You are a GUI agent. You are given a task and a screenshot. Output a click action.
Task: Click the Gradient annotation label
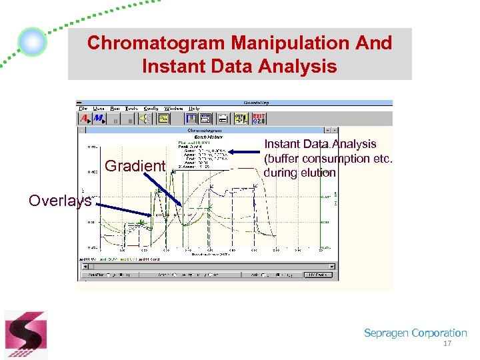tap(135, 165)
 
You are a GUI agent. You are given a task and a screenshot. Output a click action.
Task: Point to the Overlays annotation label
tap(60, 201)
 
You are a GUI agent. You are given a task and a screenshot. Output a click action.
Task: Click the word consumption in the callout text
tap(341, 159)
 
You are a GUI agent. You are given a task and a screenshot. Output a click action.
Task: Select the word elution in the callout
tap(319, 173)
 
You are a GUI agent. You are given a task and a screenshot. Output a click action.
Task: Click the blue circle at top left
tap(32, 42)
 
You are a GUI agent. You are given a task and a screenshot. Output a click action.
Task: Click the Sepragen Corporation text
tap(415, 333)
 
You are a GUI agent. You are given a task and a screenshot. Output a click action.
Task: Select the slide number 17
tap(447, 344)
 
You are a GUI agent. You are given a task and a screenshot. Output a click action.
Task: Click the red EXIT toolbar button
tap(259, 118)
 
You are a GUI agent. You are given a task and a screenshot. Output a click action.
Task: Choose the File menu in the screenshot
tap(83, 109)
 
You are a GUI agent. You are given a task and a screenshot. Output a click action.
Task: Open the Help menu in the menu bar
tap(194, 109)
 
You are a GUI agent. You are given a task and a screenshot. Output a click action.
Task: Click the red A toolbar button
tap(85, 119)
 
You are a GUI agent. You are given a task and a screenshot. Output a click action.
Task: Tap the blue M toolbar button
tap(99, 119)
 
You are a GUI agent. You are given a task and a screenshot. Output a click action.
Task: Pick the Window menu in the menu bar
tap(174, 109)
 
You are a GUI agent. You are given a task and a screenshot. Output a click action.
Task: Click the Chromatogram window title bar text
tap(205, 131)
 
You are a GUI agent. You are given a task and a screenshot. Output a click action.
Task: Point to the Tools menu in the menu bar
tap(132, 109)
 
